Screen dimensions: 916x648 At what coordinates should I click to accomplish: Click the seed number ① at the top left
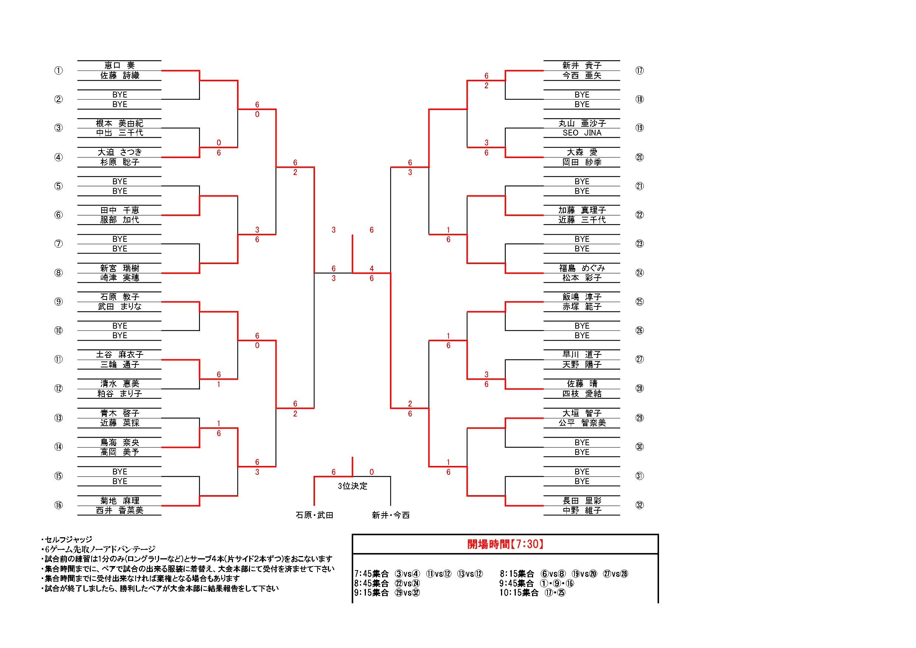59,71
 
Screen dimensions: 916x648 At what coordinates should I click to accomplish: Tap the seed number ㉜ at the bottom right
639,505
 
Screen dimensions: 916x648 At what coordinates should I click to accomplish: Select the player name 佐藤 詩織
120,75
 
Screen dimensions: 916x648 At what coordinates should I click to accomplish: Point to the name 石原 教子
120,297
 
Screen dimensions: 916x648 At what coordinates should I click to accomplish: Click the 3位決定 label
352,486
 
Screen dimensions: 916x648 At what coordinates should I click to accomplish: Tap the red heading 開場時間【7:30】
505,544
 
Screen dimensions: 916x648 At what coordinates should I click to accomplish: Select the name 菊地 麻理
120,501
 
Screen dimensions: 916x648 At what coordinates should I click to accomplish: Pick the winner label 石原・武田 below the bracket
314,515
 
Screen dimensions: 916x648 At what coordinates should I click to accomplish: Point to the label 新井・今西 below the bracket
391,515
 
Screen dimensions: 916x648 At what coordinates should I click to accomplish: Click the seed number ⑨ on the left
59,302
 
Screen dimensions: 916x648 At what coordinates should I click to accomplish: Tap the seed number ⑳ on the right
639,157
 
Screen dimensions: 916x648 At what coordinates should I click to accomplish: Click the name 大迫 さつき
120,152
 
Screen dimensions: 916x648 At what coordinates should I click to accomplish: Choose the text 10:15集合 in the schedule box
519,593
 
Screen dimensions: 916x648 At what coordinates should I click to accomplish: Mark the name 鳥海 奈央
120,442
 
